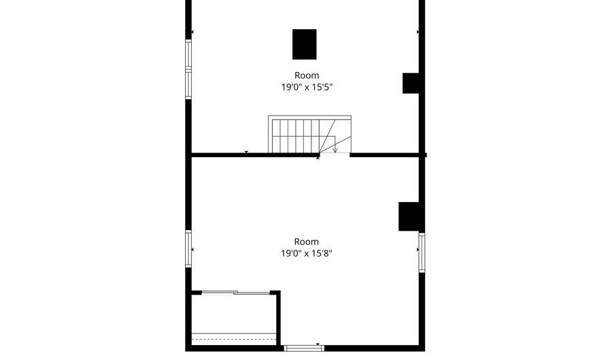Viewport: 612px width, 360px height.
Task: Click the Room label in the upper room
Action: [x=307, y=76]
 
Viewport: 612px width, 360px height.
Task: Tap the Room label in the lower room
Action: [x=307, y=242]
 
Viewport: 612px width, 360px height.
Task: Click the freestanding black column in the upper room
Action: [x=305, y=44]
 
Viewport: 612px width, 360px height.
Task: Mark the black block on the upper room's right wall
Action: [x=411, y=83]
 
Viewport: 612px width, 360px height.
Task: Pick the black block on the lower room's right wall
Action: [x=409, y=216]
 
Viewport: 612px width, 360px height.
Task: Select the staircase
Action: [x=309, y=134]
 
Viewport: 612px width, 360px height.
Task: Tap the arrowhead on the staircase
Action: [x=335, y=150]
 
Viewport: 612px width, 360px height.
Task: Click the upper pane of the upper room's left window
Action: [x=188, y=54]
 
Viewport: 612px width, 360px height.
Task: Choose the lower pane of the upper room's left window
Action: [x=188, y=84]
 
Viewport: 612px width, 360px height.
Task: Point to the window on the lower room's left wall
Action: [x=188, y=249]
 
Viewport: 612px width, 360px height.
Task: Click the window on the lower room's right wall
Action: [x=422, y=252]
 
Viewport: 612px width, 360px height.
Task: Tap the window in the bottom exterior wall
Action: [x=304, y=348]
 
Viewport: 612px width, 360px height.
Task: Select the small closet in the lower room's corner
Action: [x=234, y=318]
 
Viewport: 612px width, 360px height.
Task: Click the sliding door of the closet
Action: [x=236, y=293]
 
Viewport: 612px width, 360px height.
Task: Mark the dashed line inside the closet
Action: [x=234, y=340]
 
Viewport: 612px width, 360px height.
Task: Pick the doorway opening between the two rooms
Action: [x=335, y=154]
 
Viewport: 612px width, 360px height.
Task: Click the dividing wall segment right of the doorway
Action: [x=386, y=155]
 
